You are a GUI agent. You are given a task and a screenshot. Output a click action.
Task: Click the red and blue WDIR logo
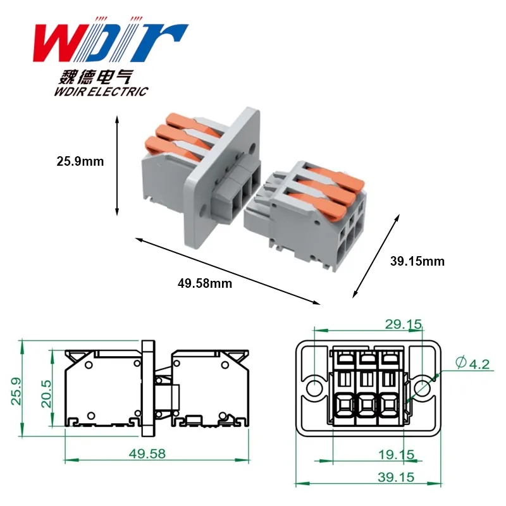click(110, 40)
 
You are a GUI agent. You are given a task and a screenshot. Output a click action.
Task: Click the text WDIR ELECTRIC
click(101, 91)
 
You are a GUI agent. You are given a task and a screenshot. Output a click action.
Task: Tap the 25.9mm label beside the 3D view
click(80, 161)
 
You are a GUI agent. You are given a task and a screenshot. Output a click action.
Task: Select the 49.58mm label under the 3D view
click(205, 283)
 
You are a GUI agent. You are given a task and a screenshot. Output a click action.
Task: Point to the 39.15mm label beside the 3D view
click(417, 261)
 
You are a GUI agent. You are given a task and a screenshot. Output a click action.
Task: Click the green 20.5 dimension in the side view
click(46, 393)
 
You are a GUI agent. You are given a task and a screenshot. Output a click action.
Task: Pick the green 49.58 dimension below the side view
click(147, 454)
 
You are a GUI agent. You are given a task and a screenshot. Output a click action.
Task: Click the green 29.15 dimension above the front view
click(404, 324)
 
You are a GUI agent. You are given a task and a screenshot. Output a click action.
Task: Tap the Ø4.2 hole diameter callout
click(472, 363)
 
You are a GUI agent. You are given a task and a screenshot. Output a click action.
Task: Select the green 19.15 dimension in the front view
click(397, 455)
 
